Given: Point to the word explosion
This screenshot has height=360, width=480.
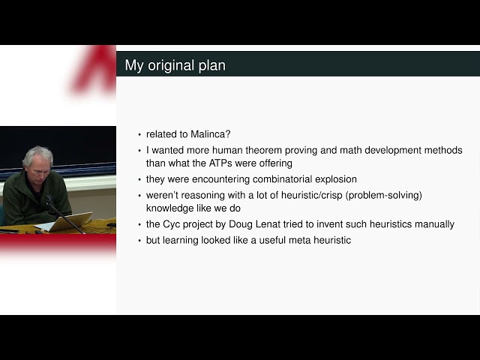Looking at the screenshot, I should pos(334,179).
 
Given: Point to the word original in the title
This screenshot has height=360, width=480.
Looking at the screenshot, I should pos(171,65).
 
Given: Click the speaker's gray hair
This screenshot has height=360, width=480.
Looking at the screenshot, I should pos(37,154).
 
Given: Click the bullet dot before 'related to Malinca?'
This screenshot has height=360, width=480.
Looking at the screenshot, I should pos(139,135).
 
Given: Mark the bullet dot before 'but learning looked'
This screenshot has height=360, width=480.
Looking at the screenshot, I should pos(139,241).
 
